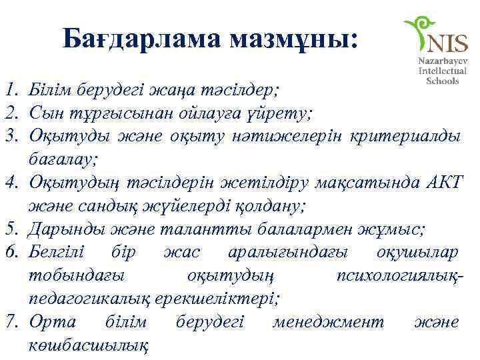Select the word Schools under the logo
pyautogui.click(x=442, y=80)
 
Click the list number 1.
pyautogui.click(x=9, y=89)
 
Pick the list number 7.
pyautogui.click(x=9, y=323)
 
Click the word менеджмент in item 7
pyautogui.click(x=329, y=323)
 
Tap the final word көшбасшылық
pyautogui.click(x=89, y=345)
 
